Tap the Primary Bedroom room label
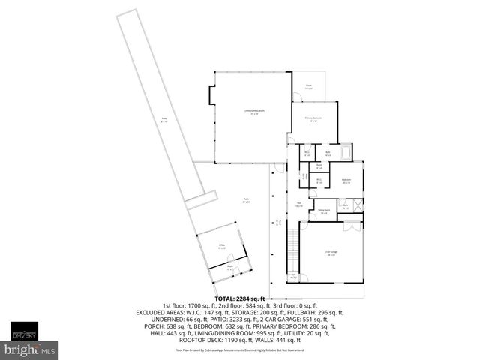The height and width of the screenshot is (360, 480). point(313,119)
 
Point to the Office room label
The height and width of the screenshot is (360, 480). point(222,245)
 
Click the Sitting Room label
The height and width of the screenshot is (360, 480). point(323,211)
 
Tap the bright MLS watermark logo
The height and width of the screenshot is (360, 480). point(30,349)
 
